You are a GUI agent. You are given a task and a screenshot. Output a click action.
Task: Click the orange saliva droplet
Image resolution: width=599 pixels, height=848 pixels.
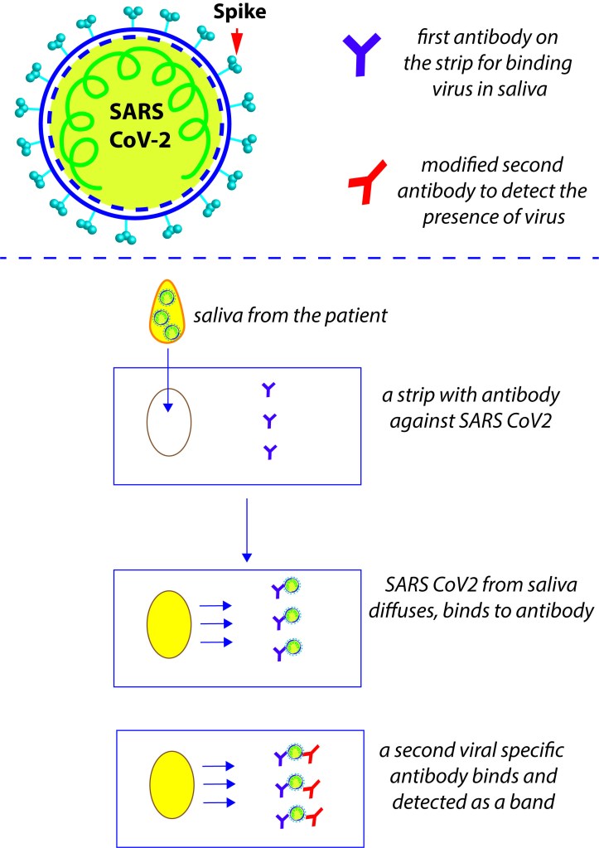click(x=167, y=319)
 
